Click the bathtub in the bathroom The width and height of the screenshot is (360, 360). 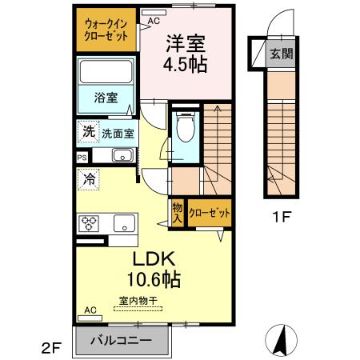pyautogui.click(x=106, y=75)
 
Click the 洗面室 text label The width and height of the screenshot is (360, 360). pyautogui.click(x=117, y=134)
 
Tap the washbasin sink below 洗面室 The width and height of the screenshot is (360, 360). pyautogui.click(x=122, y=155)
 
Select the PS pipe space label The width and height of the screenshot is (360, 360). pyautogui.click(x=82, y=158)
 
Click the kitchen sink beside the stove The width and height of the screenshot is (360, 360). pyautogui.click(x=125, y=222)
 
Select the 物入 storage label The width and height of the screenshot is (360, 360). pyautogui.click(x=178, y=212)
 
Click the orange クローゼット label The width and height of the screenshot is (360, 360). pyautogui.click(x=210, y=213)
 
